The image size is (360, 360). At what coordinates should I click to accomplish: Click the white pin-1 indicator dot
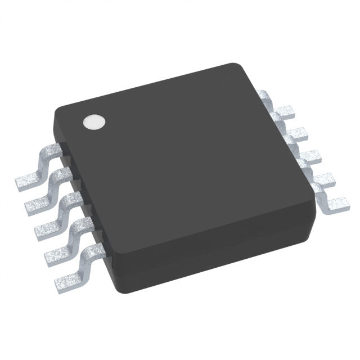point(94,122)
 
